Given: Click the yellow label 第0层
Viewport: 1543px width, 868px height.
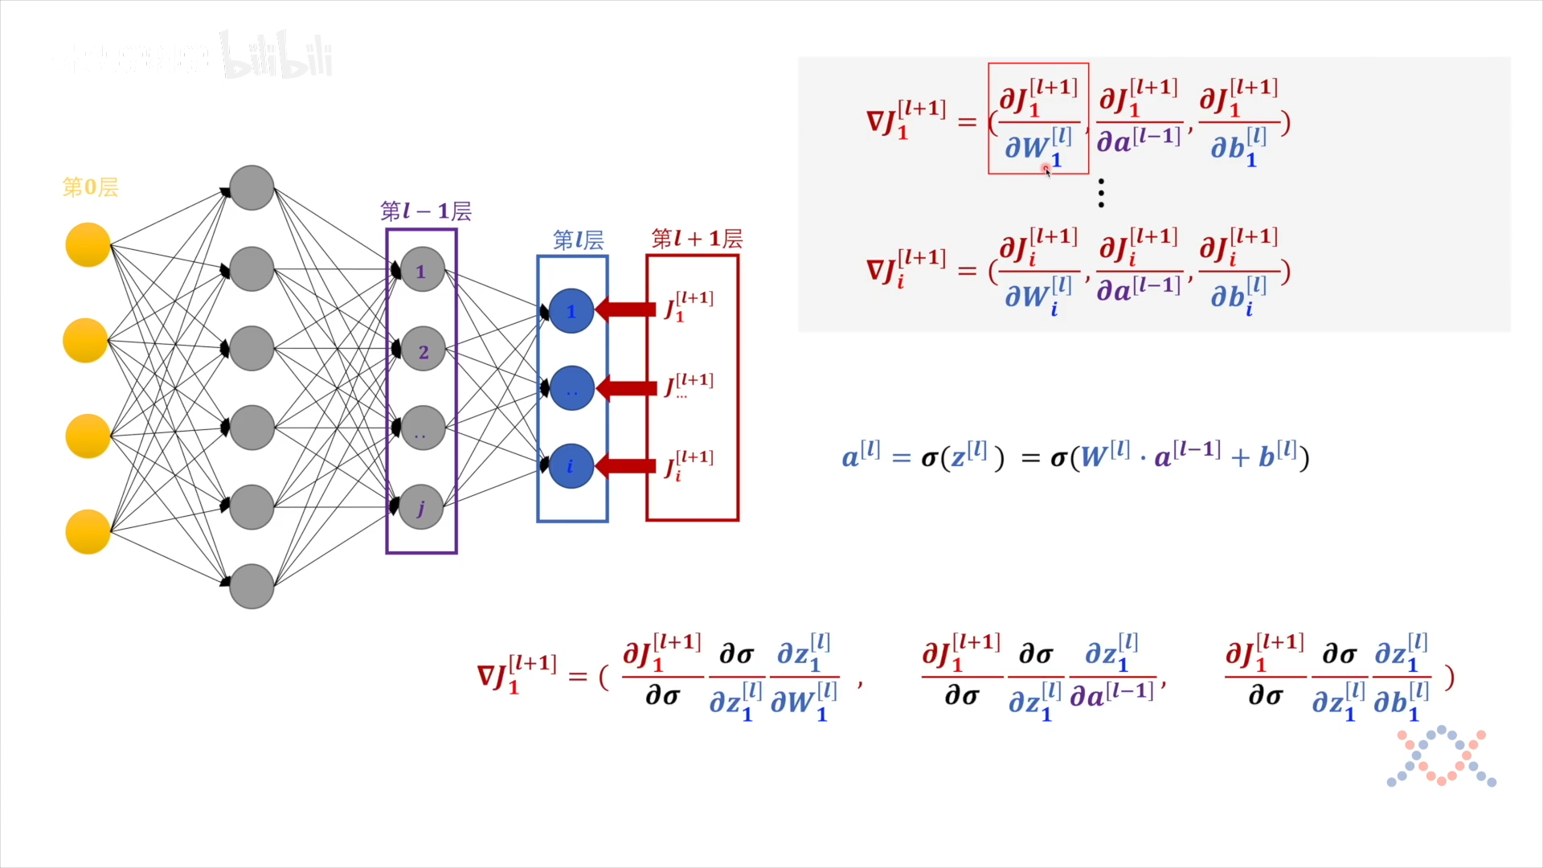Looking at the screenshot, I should click(90, 187).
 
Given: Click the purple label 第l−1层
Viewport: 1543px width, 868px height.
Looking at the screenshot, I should click(425, 211).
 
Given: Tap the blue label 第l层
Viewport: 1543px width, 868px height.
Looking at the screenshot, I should click(578, 240).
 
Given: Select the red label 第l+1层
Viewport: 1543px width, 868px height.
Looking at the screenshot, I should click(696, 239).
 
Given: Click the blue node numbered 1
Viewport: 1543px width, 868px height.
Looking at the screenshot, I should click(571, 311).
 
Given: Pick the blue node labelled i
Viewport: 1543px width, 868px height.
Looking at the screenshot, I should click(571, 466).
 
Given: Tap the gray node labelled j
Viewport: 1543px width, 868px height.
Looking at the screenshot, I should click(421, 507).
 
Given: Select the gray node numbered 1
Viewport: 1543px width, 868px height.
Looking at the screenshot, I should click(422, 271).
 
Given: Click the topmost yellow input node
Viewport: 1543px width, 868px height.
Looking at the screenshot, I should click(88, 245).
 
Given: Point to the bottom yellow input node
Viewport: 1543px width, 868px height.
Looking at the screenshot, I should click(88, 531).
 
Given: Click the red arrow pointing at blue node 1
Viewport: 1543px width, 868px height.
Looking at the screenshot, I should click(626, 309).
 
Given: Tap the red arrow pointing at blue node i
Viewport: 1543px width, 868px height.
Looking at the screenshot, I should click(626, 466).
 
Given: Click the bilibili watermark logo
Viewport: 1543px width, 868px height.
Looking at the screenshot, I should click(277, 56).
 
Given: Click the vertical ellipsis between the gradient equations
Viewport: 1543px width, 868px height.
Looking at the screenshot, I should click(1101, 194).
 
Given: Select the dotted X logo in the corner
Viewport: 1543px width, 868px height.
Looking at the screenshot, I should click(1441, 757).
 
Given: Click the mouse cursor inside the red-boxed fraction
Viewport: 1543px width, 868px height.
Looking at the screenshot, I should click(1047, 170).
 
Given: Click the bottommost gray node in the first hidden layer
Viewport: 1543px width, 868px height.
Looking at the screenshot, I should click(252, 586).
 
